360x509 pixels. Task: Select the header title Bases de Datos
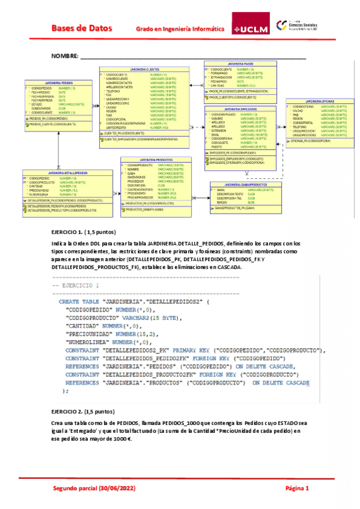coord(78,28)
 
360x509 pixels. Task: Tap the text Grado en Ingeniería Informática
coord(180,28)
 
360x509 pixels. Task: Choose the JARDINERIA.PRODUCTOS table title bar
coord(150,160)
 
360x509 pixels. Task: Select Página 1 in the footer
coord(297,489)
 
